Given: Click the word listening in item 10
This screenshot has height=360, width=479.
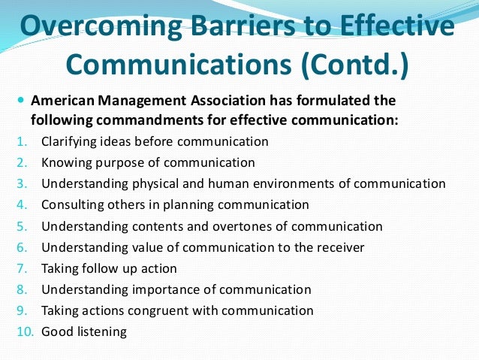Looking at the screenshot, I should click(x=101, y=331).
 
